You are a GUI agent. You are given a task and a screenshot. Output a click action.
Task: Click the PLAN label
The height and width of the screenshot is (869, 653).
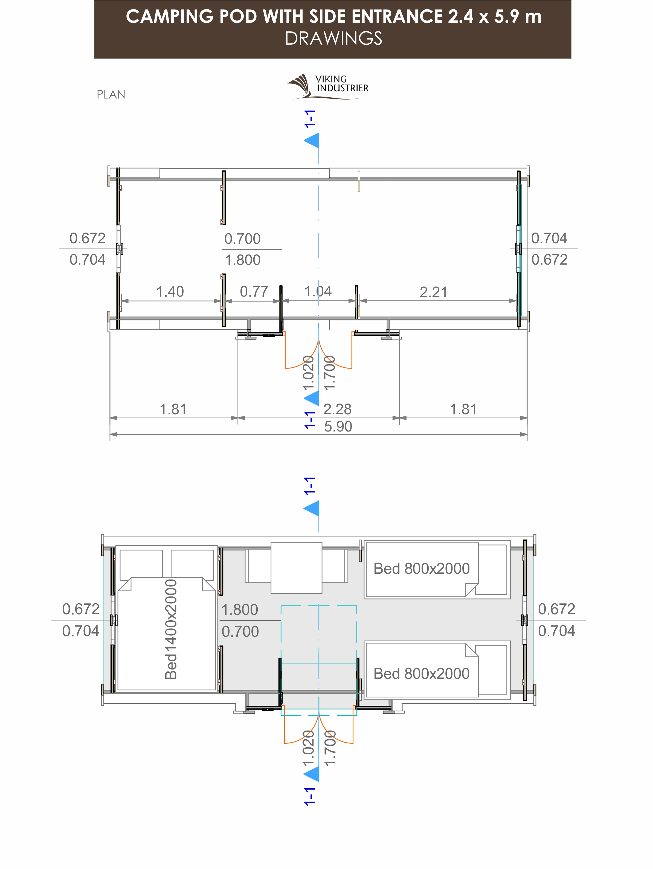pos(111,95)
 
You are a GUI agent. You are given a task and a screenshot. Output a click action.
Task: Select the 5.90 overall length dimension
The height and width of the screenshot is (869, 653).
pos(338,426)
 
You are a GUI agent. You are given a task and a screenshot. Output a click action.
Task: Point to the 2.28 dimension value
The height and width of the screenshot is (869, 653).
pos(337,409)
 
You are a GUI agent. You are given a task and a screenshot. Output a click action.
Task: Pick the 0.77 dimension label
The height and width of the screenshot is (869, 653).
pos(254,291)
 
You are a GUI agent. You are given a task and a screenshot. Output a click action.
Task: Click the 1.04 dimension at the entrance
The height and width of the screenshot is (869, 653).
pos(318,291)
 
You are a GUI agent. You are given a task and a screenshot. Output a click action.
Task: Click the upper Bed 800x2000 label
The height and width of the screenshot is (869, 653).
pos(421,569)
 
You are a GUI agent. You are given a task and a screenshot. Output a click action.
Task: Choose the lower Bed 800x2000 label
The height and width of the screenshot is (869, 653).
pos(421,673)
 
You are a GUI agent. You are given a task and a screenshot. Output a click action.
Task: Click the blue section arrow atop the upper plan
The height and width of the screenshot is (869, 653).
pos(312,141)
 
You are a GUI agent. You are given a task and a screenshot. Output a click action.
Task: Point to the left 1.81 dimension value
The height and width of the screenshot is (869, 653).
pos(173,409)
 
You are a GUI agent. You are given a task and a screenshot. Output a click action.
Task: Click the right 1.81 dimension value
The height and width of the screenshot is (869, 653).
pos(463,409)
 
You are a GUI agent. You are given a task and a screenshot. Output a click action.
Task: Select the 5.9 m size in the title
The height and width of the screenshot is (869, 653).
pos(518,16)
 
